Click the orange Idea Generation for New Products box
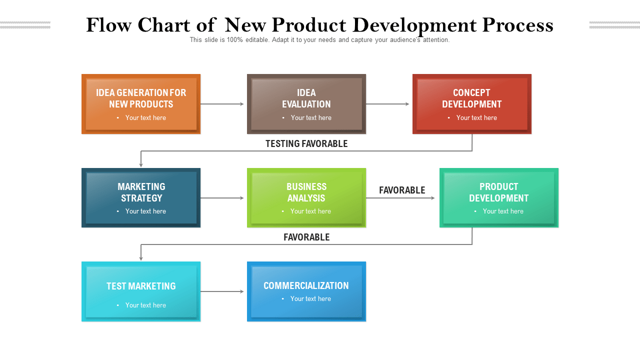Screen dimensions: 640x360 pyautogui.click(x=141, y=104)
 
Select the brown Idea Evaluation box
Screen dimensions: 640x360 pyautogui.click(x=306, y=104)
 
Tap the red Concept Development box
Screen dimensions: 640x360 pyautogui.click(x=471, y=104)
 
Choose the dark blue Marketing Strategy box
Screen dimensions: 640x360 pyautogui.click(x=141, y=197)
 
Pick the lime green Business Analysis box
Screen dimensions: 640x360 pyautogui.click(x=306, y=197)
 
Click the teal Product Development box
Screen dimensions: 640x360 pyautogui.click(x=499, y=197)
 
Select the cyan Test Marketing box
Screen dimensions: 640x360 pyautogui.click(x=141, y=291)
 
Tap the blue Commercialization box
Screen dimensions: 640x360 pyautogui.click(x=306, y=291)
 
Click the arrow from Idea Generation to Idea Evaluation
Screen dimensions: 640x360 pyautogui.click(x=222, y=104)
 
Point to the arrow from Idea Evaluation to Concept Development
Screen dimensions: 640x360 pyautogui.click(x=387, y=104)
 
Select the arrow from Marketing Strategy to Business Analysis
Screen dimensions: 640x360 pyautogui.click(x=222, y=198)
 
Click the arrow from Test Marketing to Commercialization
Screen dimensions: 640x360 pyautogui.click(x=222, y=291)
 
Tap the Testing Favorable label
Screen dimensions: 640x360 pyautogui.click(x=306, y=143)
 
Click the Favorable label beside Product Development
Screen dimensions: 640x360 pyautogui.click(x=402, y=190)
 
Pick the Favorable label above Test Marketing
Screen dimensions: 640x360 pyautogui.click(x=306, y=237)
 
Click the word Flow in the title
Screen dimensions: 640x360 pyautogui.click(x=109, y=25)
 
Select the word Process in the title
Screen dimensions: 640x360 pyautogui.click(x=517, y=25)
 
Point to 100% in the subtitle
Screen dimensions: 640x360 pyautogui.click(x=234, y=39)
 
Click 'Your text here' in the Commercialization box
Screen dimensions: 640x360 pyautogui.click(x=310, y=298)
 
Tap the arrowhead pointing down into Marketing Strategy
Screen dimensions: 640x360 pyautogui.click(x=141, y=164)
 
